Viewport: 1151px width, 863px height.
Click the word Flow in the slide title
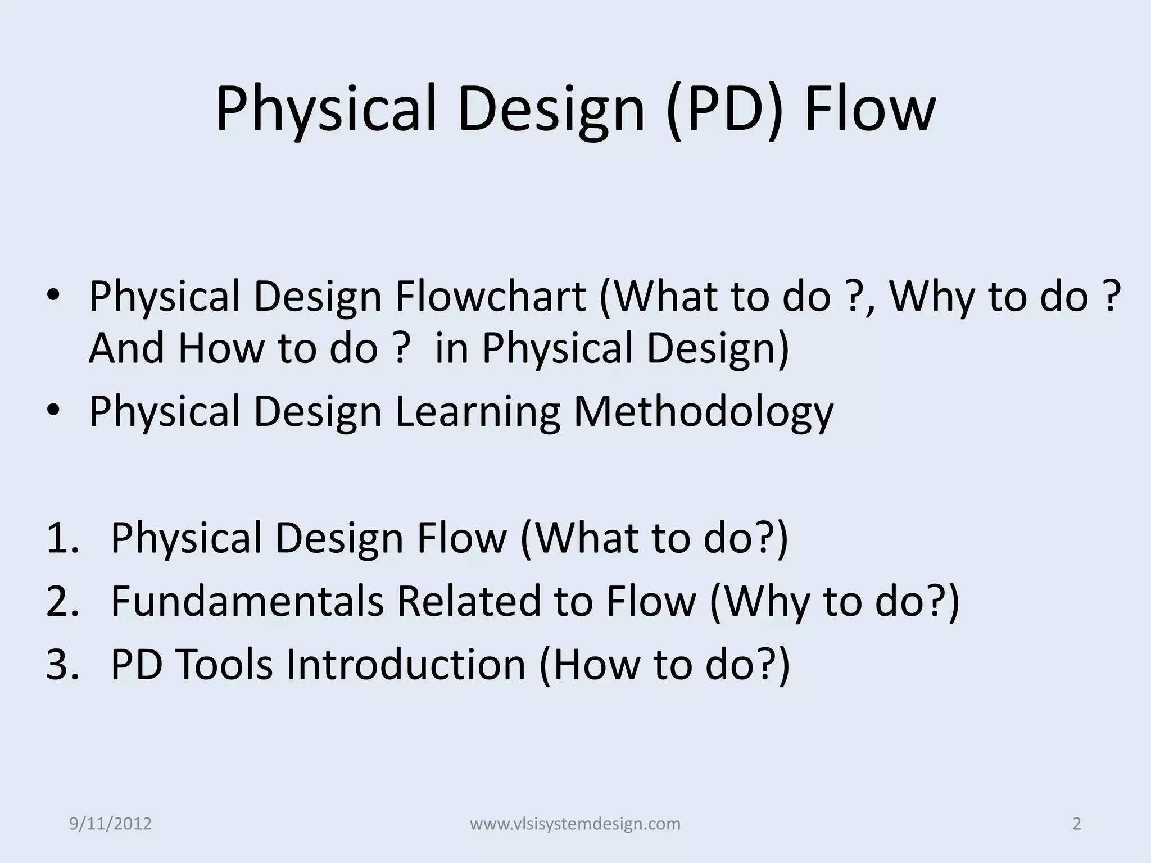click(869, 108)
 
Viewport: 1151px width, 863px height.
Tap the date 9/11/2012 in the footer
click(111, 824)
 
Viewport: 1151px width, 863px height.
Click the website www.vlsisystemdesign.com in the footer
click(575, 824)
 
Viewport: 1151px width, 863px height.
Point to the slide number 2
click(1077, 824)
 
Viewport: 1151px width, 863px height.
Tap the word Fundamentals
click(247, 601)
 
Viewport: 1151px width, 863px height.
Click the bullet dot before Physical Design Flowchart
click(53, 298)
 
